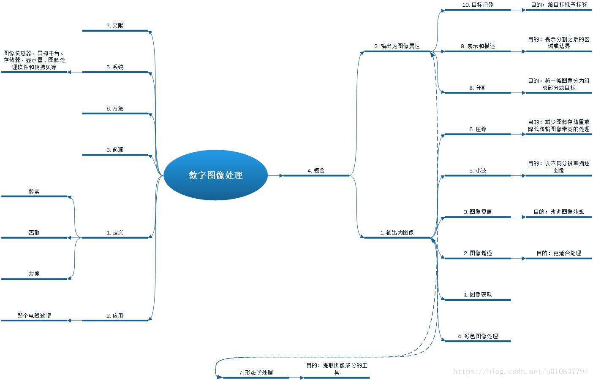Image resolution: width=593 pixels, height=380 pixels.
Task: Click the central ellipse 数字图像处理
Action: [215, 175]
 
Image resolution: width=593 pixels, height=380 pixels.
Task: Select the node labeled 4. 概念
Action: [316, 170]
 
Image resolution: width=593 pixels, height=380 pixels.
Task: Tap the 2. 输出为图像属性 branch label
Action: [397, 46]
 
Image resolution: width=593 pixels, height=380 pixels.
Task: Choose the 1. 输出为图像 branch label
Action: [397, 232]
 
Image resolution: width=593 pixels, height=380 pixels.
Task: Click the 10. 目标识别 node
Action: [478, 5]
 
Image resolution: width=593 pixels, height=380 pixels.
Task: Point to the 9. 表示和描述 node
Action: [478, 46]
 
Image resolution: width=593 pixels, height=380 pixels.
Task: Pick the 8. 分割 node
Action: [478, 88]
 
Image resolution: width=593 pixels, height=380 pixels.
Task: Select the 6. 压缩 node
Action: [478, 129]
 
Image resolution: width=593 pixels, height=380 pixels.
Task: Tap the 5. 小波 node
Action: [478, 170]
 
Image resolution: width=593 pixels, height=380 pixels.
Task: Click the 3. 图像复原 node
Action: [478, 212]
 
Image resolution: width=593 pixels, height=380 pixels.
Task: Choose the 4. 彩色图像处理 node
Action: [478, 336]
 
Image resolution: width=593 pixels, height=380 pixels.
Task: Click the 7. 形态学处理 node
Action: [256, 372]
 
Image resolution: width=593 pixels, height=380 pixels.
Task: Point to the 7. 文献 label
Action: [115, 25]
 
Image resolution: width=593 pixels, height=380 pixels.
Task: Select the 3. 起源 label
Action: [115, 150]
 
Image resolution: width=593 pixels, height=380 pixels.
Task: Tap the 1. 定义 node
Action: [115, 232]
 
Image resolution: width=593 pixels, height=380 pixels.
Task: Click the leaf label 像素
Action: [34, 191]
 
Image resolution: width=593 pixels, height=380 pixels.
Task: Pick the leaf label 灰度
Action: [34, 274]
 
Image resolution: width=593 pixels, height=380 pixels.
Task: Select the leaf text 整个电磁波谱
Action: [34, 315]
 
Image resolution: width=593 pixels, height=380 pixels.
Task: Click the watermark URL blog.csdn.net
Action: [520, 372]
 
